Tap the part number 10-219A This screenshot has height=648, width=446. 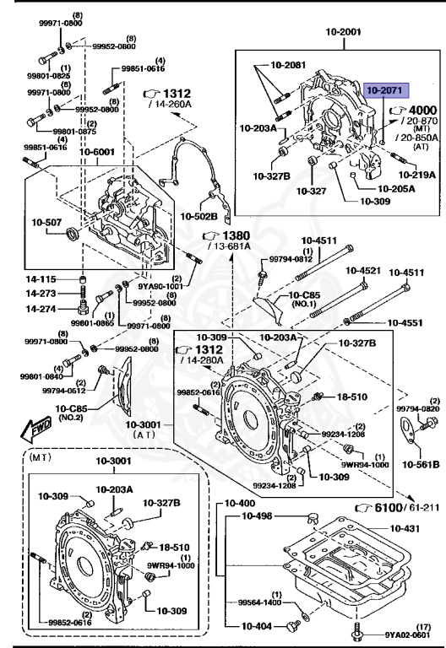(416, 175)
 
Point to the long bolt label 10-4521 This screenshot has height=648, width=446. (362, 271)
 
